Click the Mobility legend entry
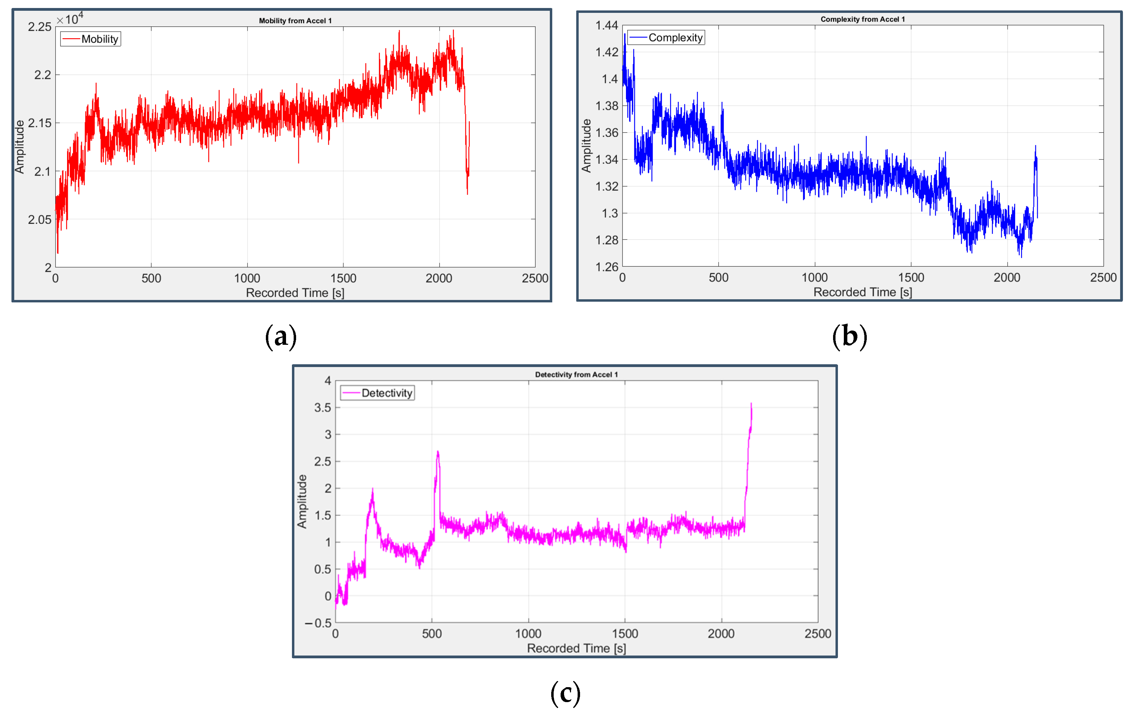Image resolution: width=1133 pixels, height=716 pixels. point(91,39)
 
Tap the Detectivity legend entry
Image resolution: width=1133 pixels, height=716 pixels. point(377,393)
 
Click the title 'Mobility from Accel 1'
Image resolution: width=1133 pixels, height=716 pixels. point(295,21)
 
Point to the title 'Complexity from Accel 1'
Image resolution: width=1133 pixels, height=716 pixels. point(863,19)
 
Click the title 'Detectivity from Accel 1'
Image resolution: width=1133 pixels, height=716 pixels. point(576,374)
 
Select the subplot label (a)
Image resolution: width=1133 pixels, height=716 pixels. point(281,337)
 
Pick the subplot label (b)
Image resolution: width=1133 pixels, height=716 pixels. point(849,337)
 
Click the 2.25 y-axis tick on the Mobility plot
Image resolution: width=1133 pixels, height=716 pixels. point(40,27)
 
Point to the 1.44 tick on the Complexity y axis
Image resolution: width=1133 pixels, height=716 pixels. point(606,25)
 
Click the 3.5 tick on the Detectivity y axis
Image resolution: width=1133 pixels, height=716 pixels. point(323,408)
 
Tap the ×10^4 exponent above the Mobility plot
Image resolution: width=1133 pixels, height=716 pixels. point(70,19)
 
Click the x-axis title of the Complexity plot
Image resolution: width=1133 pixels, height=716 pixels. point(863,292)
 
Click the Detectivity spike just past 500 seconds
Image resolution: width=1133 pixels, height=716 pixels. point(438,453)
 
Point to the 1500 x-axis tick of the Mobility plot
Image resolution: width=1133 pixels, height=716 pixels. point(343,278)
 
